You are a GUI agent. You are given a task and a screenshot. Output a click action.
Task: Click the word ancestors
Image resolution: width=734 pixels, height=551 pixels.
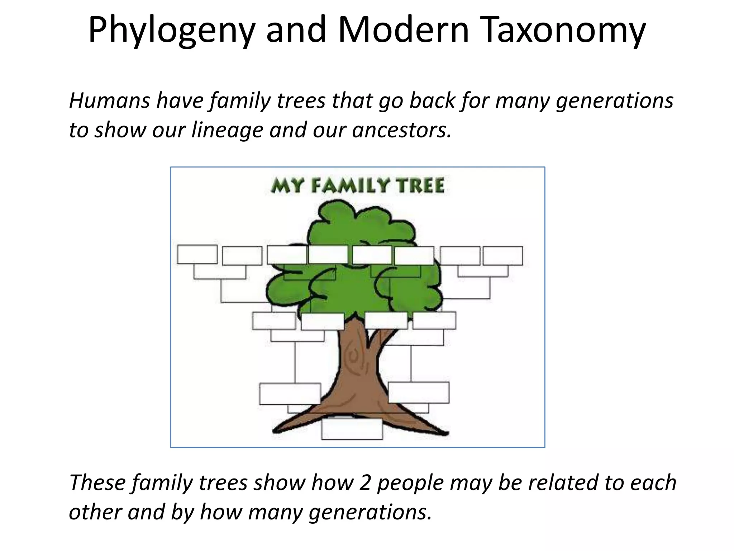(x=401, y=130)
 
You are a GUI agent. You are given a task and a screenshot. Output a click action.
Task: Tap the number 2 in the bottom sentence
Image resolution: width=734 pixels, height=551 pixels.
(x=364, y=482)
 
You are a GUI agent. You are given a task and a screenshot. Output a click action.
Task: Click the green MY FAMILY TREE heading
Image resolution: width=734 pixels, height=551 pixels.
(x=358, y=186)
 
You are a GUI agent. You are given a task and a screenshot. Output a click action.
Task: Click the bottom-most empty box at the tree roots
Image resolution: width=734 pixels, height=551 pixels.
(x=352, y=429)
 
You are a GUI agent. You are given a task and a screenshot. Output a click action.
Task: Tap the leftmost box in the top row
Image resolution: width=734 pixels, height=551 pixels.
(x=197, y=255)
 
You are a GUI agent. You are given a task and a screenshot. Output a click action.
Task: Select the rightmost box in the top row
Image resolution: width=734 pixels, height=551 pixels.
(x=502, y=256)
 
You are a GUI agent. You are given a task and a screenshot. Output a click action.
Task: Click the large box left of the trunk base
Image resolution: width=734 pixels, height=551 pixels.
(x=290, y=394)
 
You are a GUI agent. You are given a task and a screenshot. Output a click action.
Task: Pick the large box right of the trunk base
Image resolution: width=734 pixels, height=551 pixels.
(x=418, y=393)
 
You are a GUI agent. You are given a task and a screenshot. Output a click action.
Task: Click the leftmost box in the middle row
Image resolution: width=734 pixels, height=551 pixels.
(x=273, y=321)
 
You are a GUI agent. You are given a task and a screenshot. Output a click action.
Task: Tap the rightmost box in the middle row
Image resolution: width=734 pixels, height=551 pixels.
(x=434, y=320)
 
